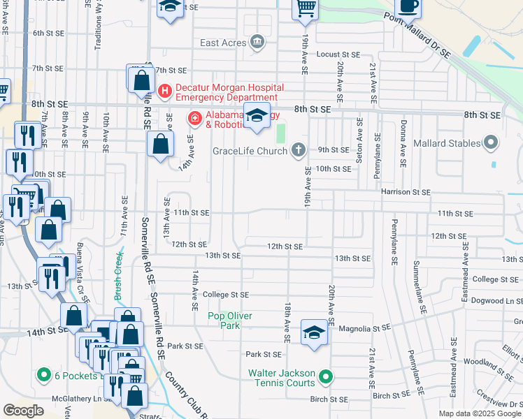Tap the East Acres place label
[223, 43]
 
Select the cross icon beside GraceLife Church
[299, 149]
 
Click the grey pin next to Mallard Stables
[491, 143]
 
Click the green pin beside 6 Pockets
[43, 376]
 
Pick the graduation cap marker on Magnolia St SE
[315, 332]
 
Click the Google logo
[23, 411]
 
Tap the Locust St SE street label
[338, 54]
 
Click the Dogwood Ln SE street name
[497, 301]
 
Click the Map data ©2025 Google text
[479, 413]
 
